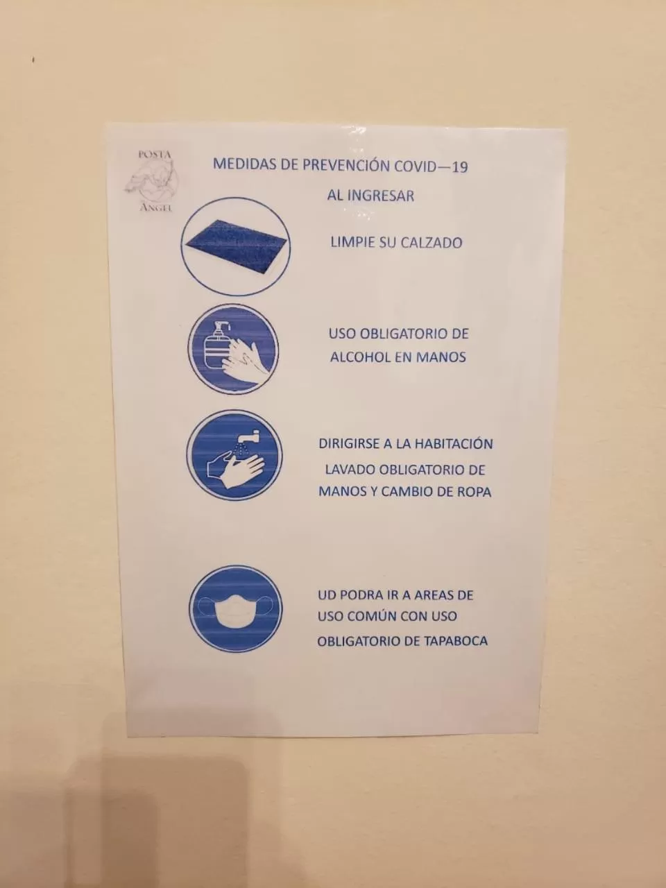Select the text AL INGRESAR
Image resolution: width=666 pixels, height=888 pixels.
pos(370,196)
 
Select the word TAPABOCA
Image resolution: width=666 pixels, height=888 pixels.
pos(454,641)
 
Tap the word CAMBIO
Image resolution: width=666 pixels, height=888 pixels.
pos(410,492)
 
